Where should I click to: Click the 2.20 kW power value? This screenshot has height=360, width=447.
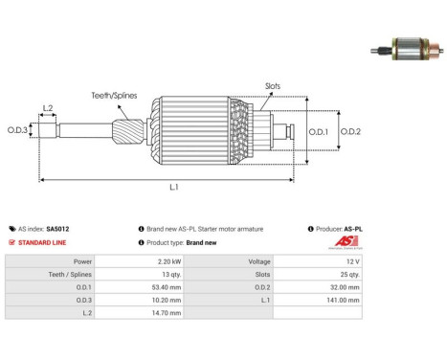pyautogui.click(x=169, y=261)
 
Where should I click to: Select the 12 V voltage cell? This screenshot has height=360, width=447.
pyautogui.click(x=353, y=261)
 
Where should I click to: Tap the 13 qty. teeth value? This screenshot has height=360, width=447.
pyautogui.click(x=171, y=275)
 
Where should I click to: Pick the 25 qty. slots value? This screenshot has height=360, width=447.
pyautogui.click(x=349, y=275)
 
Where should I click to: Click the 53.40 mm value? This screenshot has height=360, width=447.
pyautogui.click(x=167, y=287)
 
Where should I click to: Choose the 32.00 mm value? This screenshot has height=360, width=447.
pyautogui.click(x=345, y=287)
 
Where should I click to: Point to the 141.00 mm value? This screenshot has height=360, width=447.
pyautogui.click(x=343, y=300)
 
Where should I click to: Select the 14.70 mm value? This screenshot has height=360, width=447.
pyautogui.click(x=167, y=313)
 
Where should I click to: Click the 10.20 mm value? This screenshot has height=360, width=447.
pyautogui.click(x=167, y=300)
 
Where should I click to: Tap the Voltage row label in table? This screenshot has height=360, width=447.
pyautogui.click(x=259, y=261)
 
